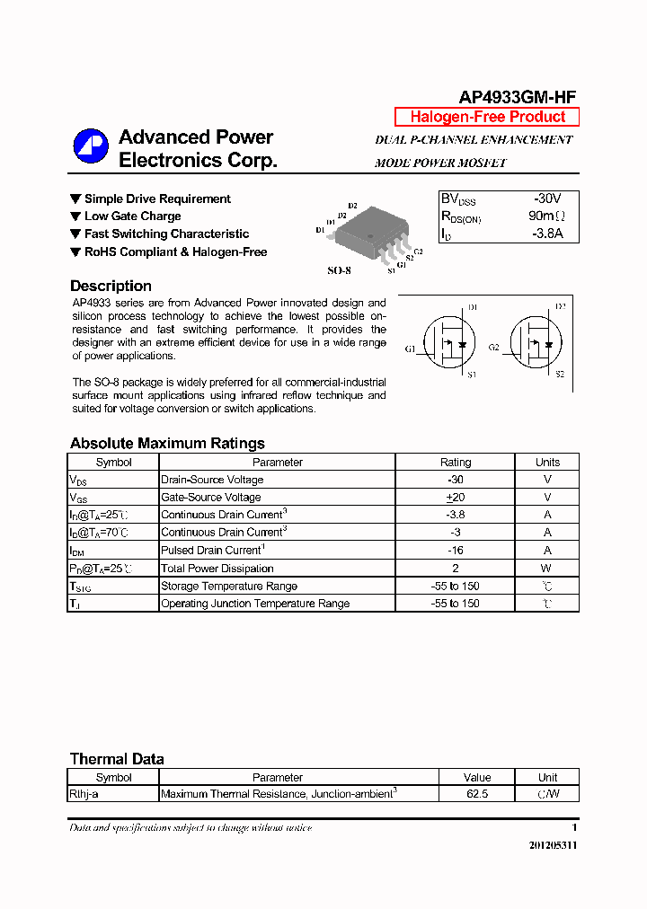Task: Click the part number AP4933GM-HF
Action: [x=518, y=98]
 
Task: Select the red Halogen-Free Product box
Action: [x=487, y=117]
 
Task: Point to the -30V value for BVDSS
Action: [x=546, y=199]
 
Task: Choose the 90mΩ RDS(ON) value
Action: [x=546, y=216]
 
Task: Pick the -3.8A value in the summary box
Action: [x=546, y=234]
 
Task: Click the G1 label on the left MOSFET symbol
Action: [x=410, y=348]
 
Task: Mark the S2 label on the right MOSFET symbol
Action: [x=560, y=374]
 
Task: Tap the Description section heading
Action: [x=111, y=287]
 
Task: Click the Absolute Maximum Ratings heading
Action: [x=167, y=443]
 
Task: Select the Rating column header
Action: [x=455, y=462]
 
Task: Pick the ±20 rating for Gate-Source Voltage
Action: [x=455, y=497]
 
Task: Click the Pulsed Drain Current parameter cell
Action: [x=212, y=550]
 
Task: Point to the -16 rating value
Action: [x=455, y=550]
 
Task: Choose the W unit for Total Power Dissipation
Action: [x=547, y=568]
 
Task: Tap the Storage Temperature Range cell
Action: [x=228, y=586]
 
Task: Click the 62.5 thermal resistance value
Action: [x=477, y=794]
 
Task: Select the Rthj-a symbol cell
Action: [x=88, y=794]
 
